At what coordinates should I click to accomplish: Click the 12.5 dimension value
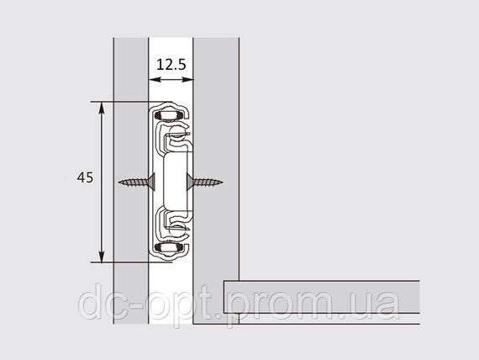(x=171, y=65)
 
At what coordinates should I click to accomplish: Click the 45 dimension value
(x=85, y=177)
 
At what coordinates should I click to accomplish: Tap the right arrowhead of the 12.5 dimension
(x=187, y=80)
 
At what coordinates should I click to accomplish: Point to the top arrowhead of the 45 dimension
(x=102, y=108)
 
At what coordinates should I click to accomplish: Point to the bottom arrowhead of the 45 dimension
(x=102, y=256)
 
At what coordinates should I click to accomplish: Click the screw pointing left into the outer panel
(x=137, y=183)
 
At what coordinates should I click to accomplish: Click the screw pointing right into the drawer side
(x=205, y=183)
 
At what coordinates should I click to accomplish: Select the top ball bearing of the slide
(x=169, y=115)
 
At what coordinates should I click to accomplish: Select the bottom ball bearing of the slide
(x=169, y=247)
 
